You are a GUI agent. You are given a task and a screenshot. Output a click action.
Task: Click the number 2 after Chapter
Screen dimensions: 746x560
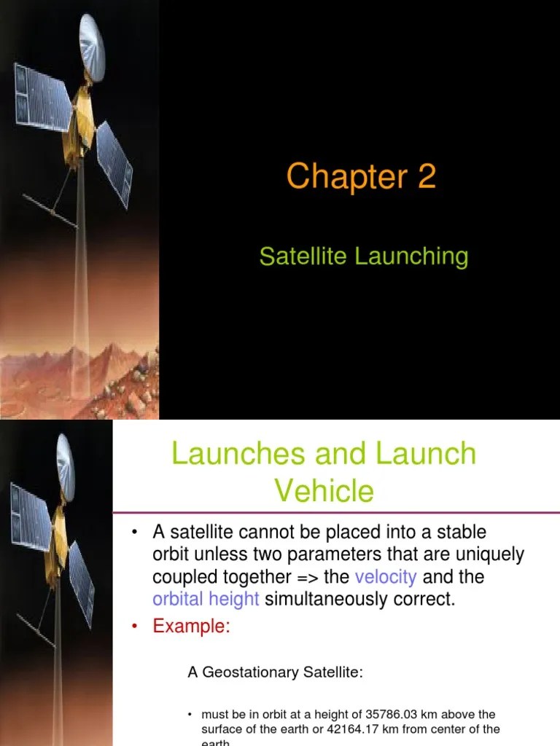click(426, 176)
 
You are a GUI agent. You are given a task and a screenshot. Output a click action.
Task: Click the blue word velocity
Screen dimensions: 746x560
click(386, 577)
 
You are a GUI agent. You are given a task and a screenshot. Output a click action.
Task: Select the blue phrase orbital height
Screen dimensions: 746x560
click(206, 599)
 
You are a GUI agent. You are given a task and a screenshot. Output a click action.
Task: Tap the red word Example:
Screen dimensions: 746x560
click(191, 627)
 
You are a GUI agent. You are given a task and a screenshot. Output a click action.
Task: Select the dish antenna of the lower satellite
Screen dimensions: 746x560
click(66, 466)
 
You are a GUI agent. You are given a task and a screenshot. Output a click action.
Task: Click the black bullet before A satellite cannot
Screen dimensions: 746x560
click(135, 533)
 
